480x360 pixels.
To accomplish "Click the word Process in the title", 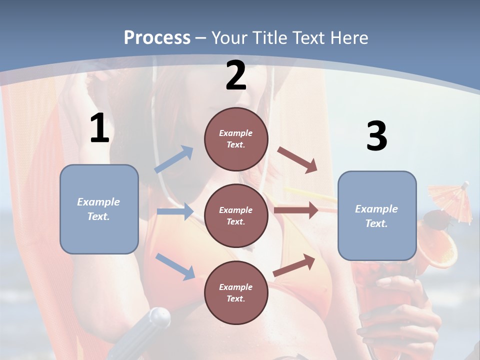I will point(157,38).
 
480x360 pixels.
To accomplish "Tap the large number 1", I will point(99,128).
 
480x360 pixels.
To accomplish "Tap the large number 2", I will point(235,76).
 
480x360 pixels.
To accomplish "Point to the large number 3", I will point(376,136).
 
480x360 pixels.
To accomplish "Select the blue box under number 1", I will point(99,209).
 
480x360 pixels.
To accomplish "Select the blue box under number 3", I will point(377,216).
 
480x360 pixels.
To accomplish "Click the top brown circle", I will point(236,138).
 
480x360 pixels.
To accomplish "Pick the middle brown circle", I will point(236,215).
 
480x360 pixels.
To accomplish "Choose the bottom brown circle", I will point(236,292).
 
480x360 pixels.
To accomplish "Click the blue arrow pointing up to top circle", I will point(174,159).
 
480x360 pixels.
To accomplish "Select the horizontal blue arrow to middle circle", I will point(175,211).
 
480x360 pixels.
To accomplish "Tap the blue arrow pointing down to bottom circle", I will point(175,266).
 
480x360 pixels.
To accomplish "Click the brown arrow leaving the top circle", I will point(297,159).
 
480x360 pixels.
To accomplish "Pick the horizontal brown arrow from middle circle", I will point(296,210).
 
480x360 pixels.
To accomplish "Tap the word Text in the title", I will point(310,38).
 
